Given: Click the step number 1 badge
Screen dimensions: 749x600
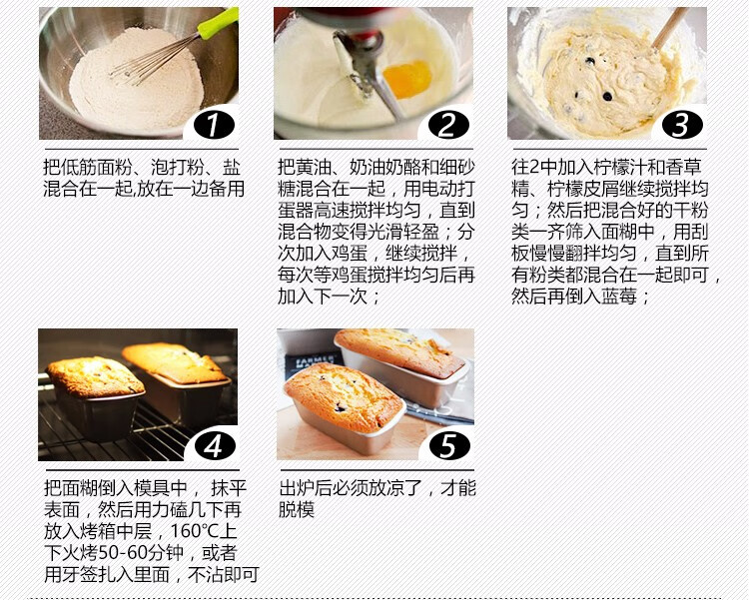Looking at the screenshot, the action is [214, 125].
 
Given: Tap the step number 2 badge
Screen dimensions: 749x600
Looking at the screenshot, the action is [448, 125].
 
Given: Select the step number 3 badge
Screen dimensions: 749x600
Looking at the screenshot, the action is [682, 125].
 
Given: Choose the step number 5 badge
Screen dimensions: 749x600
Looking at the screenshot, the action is [449, 446].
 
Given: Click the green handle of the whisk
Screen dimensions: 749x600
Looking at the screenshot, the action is [218, 23].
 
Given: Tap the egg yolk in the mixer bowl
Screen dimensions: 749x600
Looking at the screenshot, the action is [407, 79].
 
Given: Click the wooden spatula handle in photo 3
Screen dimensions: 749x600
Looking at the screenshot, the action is [670, 28].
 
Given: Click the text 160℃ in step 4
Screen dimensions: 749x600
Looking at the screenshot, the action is [197, 531].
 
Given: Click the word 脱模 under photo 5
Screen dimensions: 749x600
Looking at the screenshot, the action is [297, 510].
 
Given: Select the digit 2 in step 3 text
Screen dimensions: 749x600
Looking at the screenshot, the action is [534, 167].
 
